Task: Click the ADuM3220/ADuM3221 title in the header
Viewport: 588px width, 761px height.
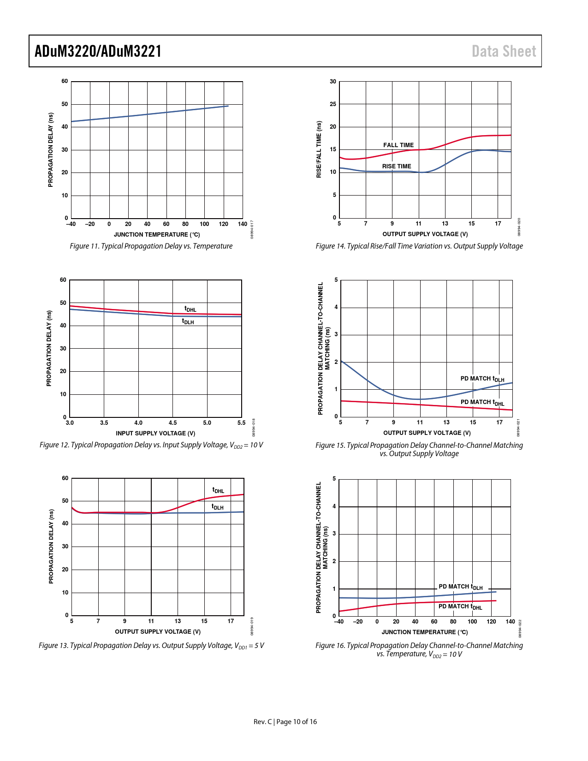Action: pyautogui.click(x=98, y=51)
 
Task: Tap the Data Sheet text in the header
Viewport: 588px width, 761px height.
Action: pyautogui.click(x=504, y=51)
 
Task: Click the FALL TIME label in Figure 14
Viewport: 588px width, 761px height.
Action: pyautogui.click(x=398, y=145)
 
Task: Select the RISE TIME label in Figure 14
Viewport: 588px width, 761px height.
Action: pyautogui.click(x=396, y=166)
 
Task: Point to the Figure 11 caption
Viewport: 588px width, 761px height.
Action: pyautogui.click(x=151, y=246)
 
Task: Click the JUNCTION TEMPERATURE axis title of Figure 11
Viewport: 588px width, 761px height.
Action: pyautogui.click(x=157, y=234)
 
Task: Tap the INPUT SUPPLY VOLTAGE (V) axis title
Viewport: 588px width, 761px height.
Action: pyautogui.click(x=155, y=433)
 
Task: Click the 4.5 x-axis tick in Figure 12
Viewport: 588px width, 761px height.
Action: pyautogui.click(x=172, y=422)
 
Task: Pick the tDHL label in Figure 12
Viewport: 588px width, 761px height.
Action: pyautogui.click(x=190, y=309)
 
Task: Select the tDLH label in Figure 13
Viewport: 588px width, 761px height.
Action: pyautogui.click(x=217, y=507)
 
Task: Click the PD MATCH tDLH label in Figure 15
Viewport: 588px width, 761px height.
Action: pyautogui.click(x=482, y=379)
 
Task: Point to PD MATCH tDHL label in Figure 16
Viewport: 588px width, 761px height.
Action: pyautogui.click(x=460, y=606)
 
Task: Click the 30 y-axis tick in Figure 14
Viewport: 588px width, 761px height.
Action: pyautogui.click(x=333, y=82)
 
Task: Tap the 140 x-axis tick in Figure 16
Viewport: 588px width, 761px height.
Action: pyautogui.click(x=510, y=621)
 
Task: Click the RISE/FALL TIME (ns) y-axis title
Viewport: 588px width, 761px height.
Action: pyautogui.click(x=319, y=149)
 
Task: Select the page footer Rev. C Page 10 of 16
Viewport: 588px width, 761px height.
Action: pyautogui.click(x=285, y=721)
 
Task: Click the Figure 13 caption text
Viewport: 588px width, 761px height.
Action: pyautogui.click(x=151, y=645)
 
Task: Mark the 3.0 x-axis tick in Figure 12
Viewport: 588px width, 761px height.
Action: pyautogui.click(x=70, y=422)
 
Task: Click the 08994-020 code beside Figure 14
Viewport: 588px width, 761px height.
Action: pyautogui.click(x=519, y=227)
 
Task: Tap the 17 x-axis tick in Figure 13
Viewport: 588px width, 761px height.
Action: pyautogui.click(x=231, y=621)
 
